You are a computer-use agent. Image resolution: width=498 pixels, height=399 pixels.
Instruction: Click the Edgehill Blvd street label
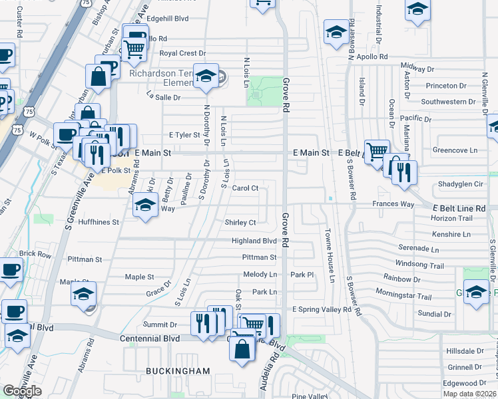click(167, 19)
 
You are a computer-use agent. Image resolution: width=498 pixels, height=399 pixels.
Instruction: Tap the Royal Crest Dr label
click(183, 53)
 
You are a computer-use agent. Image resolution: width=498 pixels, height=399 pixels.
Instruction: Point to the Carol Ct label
click(245, 188)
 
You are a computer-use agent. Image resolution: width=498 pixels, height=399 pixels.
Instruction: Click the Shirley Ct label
click(240, 222)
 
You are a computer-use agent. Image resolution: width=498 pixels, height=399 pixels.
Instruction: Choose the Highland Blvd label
click(254, 241)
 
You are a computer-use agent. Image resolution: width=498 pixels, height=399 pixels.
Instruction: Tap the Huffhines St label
click(99, 222)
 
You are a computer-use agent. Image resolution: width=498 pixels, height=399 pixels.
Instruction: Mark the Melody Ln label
click(260, 274)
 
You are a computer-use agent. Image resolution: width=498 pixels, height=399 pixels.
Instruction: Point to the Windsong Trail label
click(419, 265)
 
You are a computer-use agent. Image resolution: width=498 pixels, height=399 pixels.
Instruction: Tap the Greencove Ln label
click(455, 150)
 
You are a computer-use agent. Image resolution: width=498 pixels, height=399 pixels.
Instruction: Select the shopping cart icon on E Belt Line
click(377, 150)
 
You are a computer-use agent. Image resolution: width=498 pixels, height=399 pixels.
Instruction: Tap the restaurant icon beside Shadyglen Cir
click(404, 172)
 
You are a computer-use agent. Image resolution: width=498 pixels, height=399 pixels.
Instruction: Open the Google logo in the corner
click(21, 391)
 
